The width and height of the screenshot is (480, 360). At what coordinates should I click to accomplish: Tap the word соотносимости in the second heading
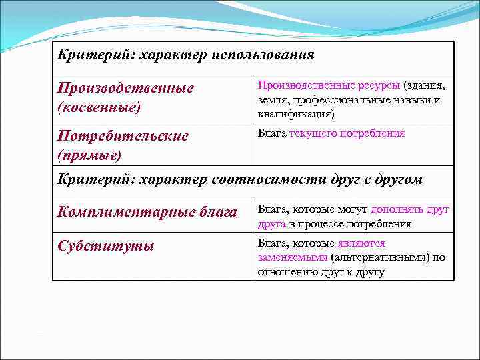(x=261, y=179)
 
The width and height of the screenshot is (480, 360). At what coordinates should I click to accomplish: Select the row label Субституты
(x=106, y=245)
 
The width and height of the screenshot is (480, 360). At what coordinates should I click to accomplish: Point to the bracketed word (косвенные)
(x=99, y=106)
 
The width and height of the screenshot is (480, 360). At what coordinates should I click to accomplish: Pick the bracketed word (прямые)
(x=90, y=155)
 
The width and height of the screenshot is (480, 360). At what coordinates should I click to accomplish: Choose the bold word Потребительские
(x=123, y=136)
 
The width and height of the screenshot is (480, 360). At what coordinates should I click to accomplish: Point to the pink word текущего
(x=313, y=133)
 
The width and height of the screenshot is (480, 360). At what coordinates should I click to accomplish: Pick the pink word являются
(x=362, y=243)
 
